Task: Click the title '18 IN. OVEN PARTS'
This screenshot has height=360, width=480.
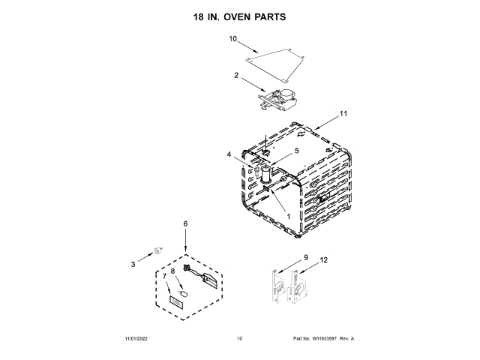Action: pyautogui.click(x=240, y=16)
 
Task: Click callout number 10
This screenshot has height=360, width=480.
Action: pyautogui.click(x=232, y=38)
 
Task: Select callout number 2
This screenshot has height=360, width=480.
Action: pyautogui.click(x=236, y=75)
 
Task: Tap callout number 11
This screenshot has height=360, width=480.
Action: pyautogui.click(x=343, y=113)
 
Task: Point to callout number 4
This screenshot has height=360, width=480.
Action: pyautogui.click(x=229, y=155)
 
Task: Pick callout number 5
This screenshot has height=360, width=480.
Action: pyautogui.click(x=296, y=151)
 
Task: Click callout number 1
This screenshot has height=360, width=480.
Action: pyautogui.click(x=288, y=214)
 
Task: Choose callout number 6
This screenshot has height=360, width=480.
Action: pyautogui.click(x=185, y=223)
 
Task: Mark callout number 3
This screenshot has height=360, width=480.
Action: pyautogui.click(x=133, y=263)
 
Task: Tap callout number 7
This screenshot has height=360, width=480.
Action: pyautogui.click(x=164, y=277)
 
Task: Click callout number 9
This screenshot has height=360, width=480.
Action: pyautogui.click(x=306, y=257)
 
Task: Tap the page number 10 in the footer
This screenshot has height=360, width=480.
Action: pyautogui.click(x=239, y=339)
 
